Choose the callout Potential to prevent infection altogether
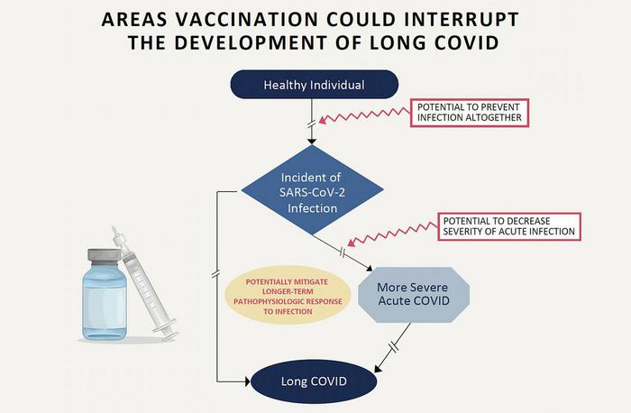[x=470, y=112]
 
